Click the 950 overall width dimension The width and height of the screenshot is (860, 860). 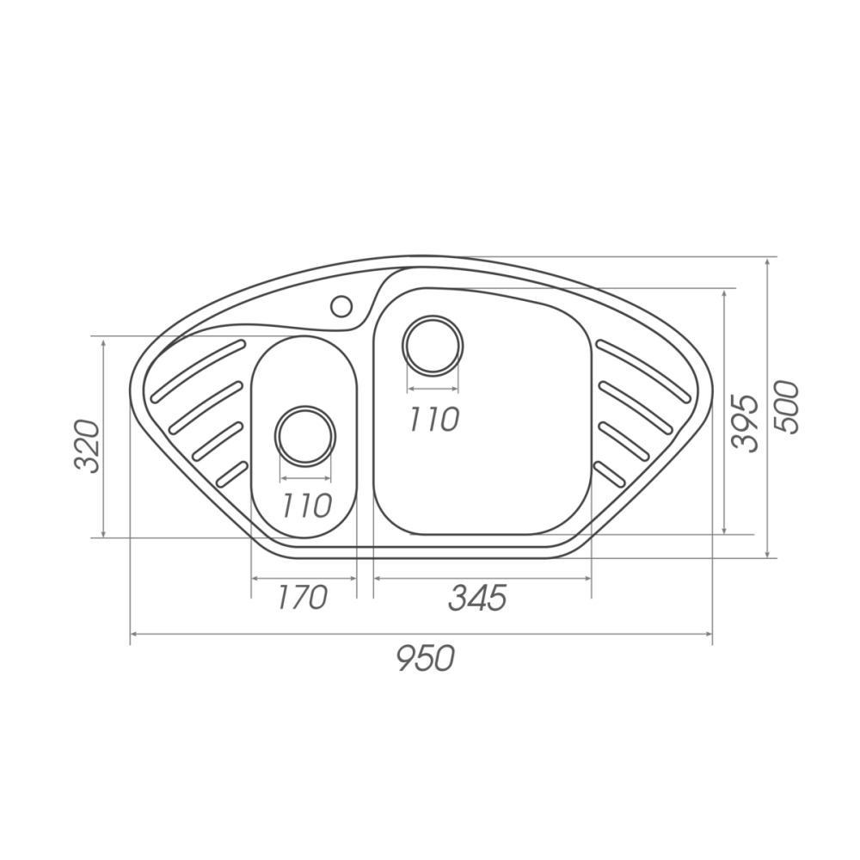[426, 658]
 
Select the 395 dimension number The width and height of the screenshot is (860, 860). [745, 423]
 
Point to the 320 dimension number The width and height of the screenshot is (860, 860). [87, 446]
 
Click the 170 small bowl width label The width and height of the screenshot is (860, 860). [302, 598]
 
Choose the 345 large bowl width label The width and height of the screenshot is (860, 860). [477, 598]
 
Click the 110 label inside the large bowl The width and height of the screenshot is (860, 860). [433, 420]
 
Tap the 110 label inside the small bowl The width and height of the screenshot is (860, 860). [307, 505]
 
